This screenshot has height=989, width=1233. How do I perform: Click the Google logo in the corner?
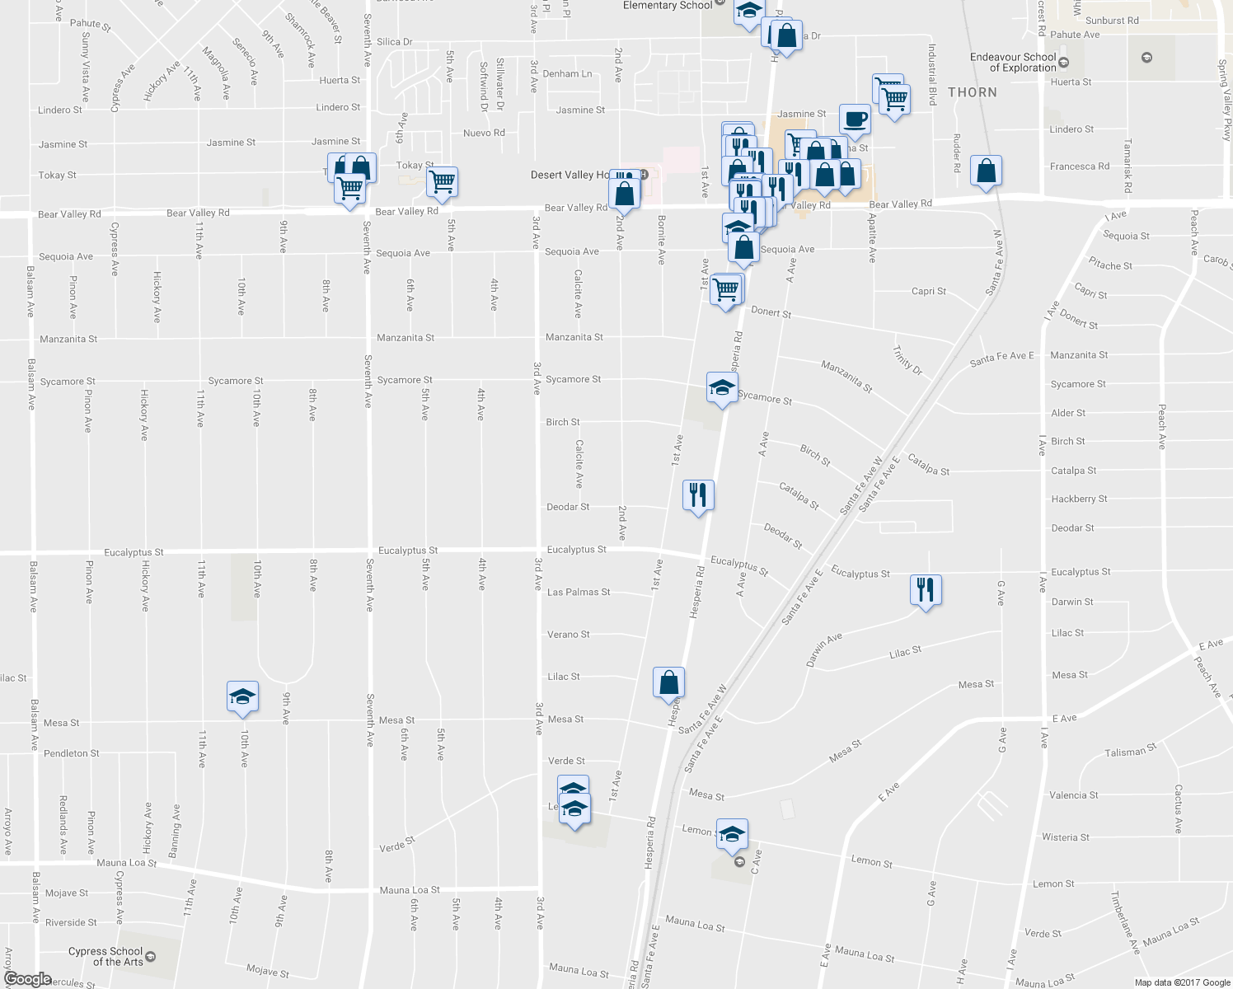(27, 979)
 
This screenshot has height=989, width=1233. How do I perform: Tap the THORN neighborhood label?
(973, 92)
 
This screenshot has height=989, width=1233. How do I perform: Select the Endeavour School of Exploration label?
(1013, 63)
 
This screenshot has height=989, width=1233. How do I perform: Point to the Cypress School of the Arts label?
(105, 956)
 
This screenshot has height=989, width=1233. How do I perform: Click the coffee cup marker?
(855, 119)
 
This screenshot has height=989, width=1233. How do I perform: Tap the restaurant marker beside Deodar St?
(698, 495)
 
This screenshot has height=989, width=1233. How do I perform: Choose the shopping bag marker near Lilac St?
(668, 682)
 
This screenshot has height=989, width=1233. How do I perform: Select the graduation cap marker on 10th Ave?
(242, 696)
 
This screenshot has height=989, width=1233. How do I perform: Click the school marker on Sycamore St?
(721, 388)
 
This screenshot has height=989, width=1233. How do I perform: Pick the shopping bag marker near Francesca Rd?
(986, 171)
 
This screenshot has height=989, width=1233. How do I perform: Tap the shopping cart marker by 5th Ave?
(443, 181)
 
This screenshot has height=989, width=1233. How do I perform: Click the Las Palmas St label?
(579, 592)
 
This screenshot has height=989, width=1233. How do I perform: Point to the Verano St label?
(569, 635)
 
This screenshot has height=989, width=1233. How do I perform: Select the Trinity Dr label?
(907, 360)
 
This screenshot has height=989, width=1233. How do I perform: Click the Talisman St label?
(1130, 752)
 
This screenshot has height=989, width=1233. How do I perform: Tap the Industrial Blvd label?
(932, 75)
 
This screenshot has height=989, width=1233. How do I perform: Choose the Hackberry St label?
(1079, 499)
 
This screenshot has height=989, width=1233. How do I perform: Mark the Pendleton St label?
(72, 753)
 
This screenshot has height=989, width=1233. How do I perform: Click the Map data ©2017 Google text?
(1182, 982)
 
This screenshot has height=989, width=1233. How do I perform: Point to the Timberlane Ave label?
(1123, 921)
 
